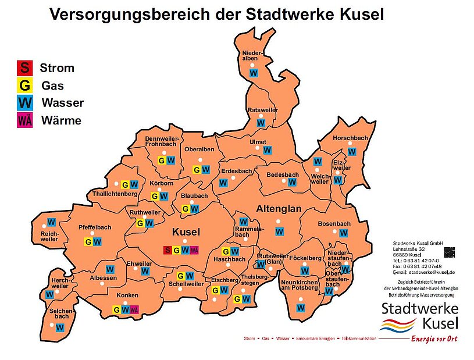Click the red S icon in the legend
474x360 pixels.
(25, 67)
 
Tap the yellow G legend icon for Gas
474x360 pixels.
(25, 85)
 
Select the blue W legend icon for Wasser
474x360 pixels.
(25, 103)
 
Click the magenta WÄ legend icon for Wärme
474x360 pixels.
(25, 120)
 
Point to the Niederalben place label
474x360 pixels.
(253, 56)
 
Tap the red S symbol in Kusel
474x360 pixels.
(167, 250)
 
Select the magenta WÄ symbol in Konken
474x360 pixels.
(134, 310)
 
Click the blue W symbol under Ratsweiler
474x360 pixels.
(261, 123)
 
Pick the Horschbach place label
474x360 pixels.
(350, 138)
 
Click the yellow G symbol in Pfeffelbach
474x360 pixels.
(89, 242)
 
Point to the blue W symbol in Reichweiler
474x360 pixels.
(51, 222)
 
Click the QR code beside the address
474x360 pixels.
(448, 252)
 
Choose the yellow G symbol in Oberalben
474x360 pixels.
(197, 170)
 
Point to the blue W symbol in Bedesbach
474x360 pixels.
(293, 182)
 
